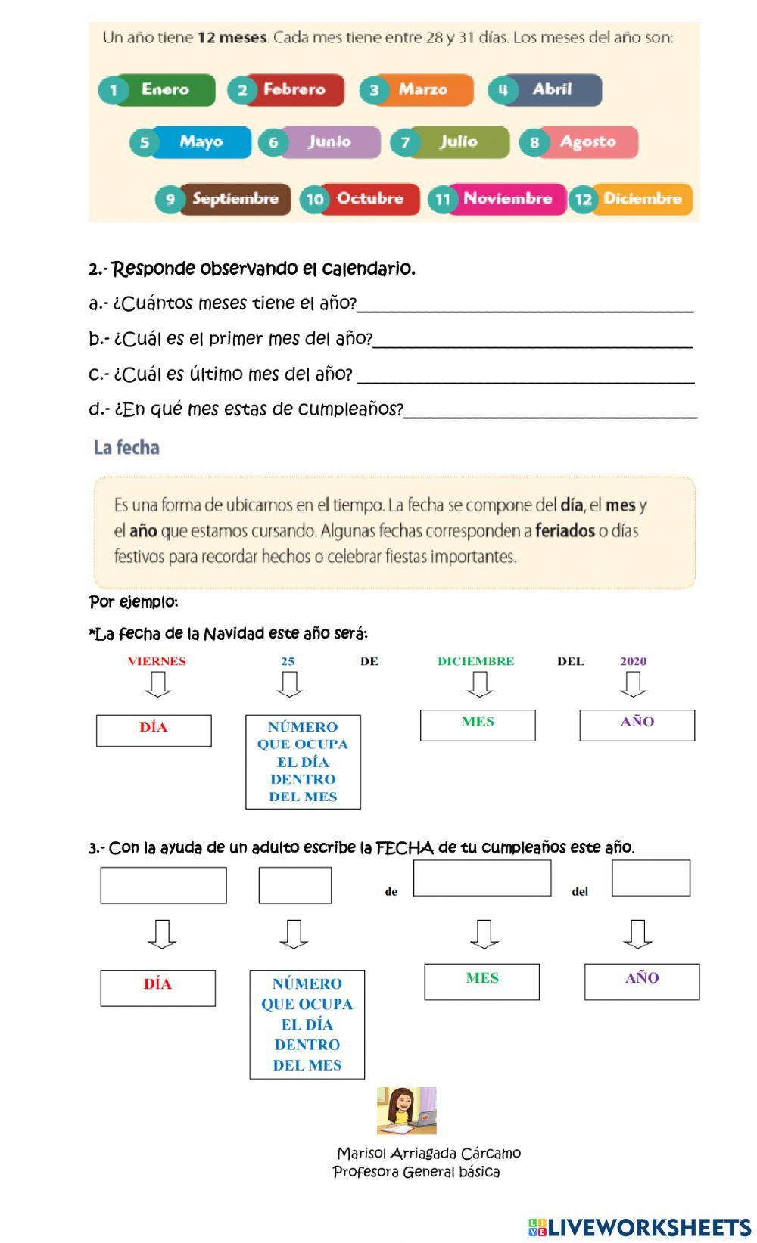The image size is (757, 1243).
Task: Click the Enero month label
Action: (165, 89)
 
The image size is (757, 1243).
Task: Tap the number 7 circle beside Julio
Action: (406, 142)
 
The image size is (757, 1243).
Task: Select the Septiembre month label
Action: (235, 199)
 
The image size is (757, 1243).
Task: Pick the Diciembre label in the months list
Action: (642, 199)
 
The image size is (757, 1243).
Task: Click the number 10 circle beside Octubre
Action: (314, 200)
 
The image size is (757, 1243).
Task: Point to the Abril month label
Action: (552, 89)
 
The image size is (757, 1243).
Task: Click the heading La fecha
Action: (126, 447)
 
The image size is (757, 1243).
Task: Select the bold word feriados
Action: (565, 530)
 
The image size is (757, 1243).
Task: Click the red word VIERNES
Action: (157, 661)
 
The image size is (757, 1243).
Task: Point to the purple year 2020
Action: (634, 661)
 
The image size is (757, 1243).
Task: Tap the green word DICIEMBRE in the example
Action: (475, 661)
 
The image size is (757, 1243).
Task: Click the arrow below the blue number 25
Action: (289, 684)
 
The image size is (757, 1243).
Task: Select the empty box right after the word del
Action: (650, 878)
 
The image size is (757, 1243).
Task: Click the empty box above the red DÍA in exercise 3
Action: (163, 884)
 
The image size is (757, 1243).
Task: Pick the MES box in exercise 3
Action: (481, 981)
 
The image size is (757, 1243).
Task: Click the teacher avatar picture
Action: (407, 1110)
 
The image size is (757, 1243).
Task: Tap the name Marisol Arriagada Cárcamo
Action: (428, 1153)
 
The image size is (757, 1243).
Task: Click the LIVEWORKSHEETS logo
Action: (640, 1226)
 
